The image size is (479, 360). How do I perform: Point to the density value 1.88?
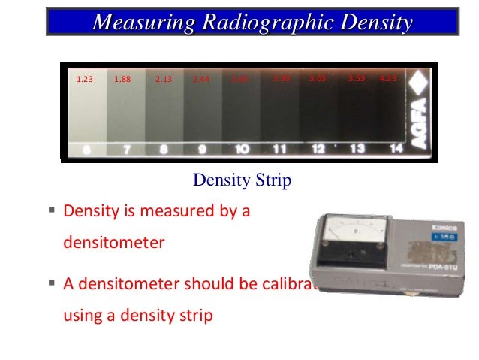[x=122, y=79]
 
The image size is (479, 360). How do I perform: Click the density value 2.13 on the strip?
[x=163, y=79]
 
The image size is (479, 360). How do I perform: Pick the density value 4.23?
[x=389, y=79]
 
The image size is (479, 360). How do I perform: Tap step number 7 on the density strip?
[x=127, y=149]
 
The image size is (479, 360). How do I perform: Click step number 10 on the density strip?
[x=242, y=149]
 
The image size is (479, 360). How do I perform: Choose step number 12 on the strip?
[x=318, y=149]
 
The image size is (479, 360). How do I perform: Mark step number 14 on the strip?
[x=396, y=149]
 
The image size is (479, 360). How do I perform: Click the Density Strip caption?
[x=242, y=181]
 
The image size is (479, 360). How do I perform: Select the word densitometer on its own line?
[x=113, y=244]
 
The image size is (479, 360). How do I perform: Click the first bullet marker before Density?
[x=52, y=211]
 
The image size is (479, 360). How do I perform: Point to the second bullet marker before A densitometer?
[x=52, y=283]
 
